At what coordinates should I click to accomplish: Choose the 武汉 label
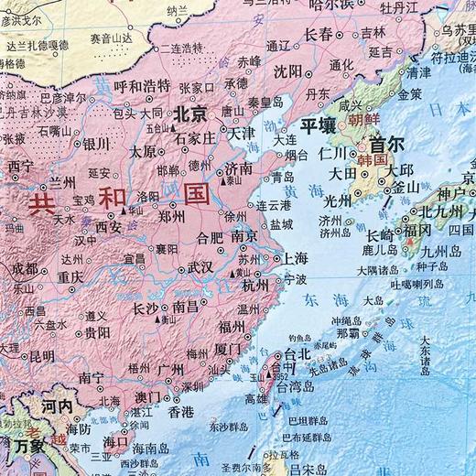pos(200,266)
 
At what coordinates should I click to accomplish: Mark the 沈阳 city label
pos(287,70)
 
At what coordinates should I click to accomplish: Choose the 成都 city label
pos(25,268)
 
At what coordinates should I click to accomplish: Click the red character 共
pos(43,204)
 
